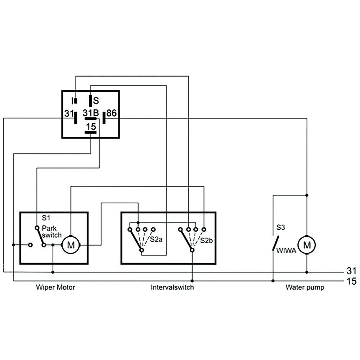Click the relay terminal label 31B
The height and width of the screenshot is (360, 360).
(x=91, y=113)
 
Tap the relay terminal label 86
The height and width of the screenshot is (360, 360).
(x=111, y=113)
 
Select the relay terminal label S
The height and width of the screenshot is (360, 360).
(x=96, y=100)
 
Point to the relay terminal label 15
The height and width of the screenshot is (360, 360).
(x=91, y=126)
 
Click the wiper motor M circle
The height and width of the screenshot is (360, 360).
(x=71, y=245)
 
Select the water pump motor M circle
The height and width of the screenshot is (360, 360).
(x=307, y=245)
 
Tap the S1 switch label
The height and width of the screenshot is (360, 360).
(x=46, y=218)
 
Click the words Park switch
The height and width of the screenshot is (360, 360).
(x=49, y=231)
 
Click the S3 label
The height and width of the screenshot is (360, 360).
(x=281, y=228)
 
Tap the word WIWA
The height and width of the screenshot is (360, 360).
(x=286, y=251)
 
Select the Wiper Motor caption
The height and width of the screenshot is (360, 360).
(x=55, y=287)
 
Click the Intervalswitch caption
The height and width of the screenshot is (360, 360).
(x=172, y=287)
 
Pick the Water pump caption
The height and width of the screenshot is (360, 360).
(x=305, y=287)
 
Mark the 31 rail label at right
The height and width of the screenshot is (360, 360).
(x=351, y=271)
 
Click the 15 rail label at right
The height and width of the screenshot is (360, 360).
(x=351, y=281)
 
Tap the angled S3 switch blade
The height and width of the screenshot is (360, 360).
(x=275, y=243)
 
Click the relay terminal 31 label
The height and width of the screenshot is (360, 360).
(x=69, y=113)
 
